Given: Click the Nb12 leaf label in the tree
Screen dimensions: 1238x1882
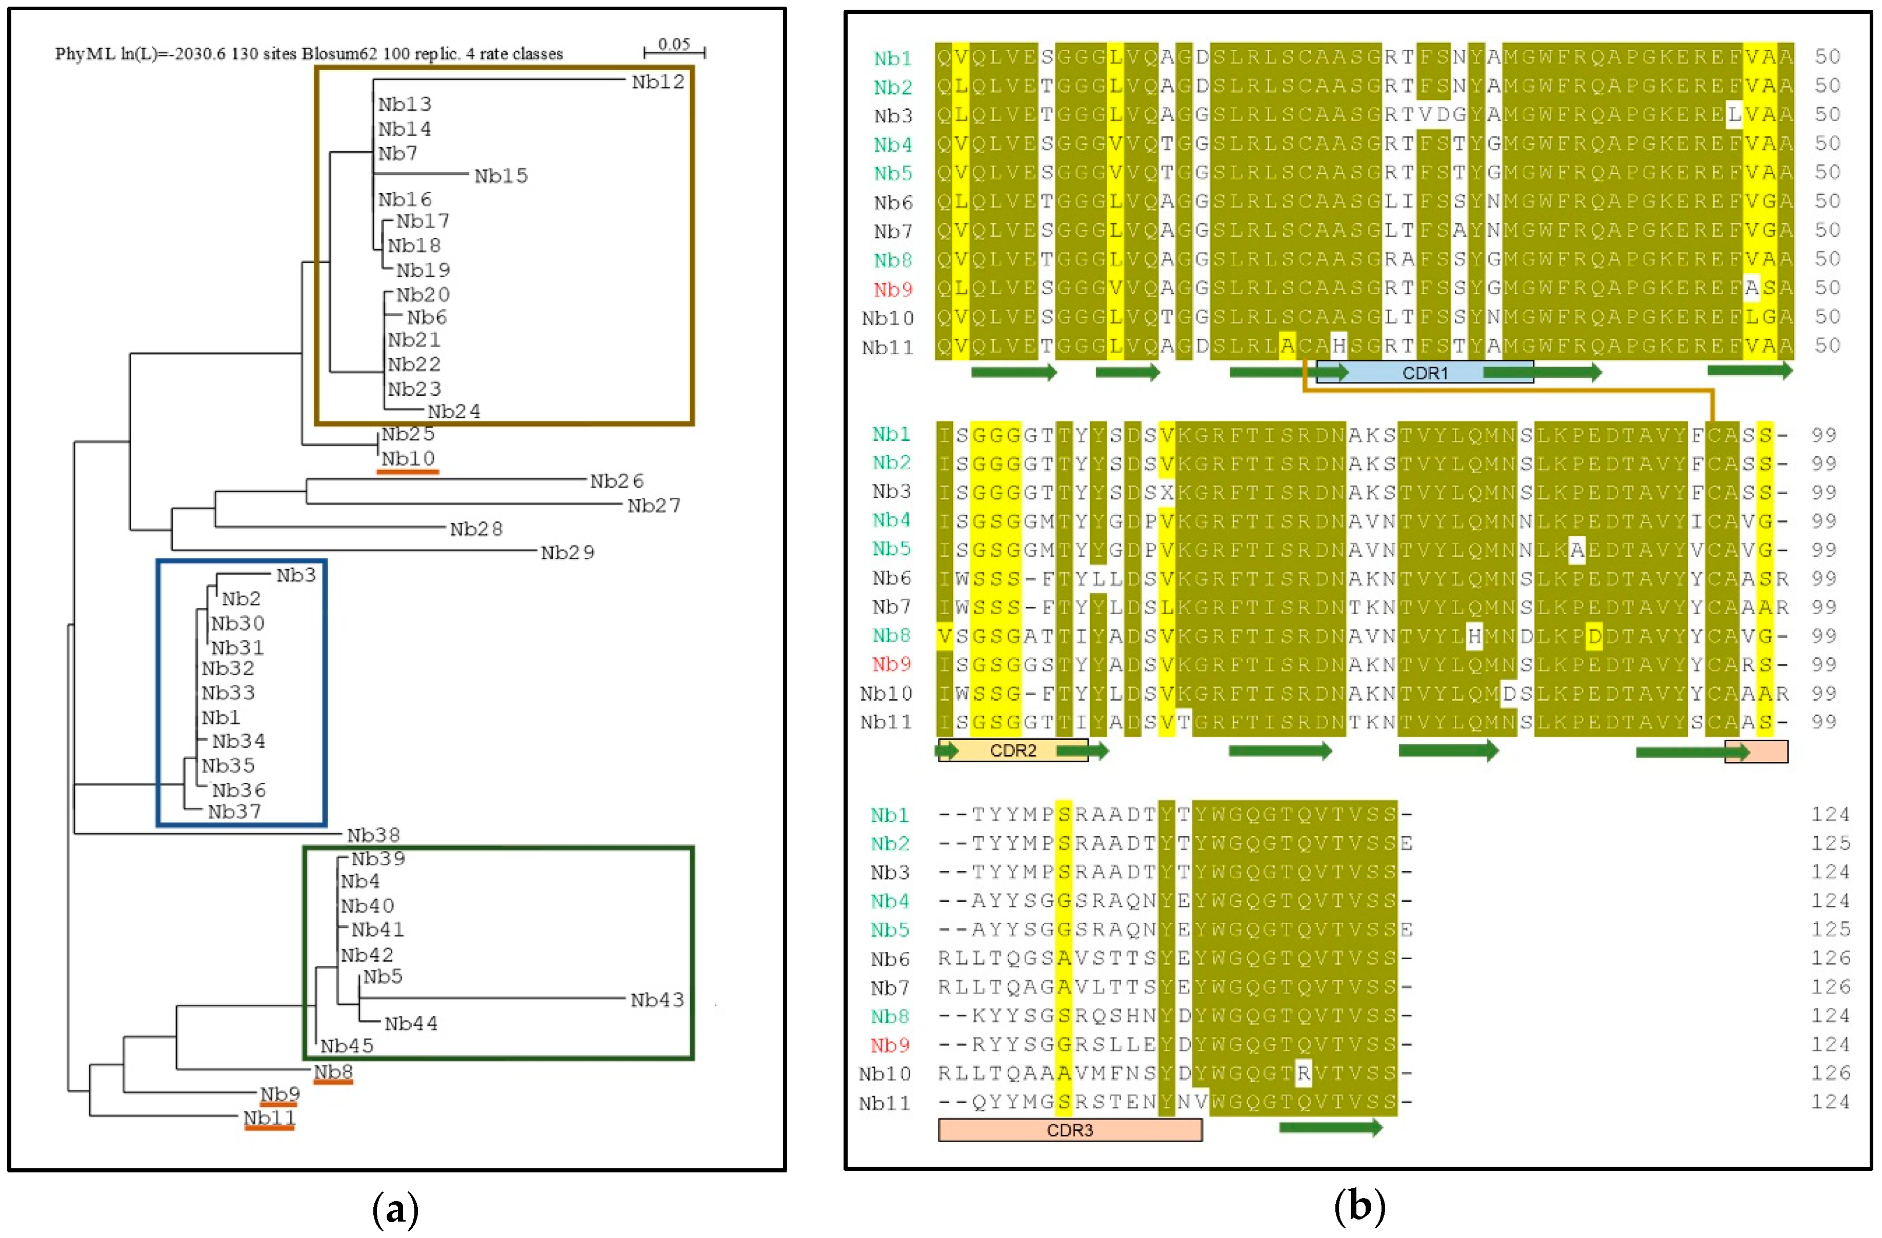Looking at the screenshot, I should click(657, 82).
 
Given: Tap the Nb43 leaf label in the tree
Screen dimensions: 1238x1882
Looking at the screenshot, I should click(656, 1000).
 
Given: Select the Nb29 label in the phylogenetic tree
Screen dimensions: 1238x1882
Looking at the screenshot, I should click(567, 553).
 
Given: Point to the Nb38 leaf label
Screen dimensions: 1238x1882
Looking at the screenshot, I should click(373, 835).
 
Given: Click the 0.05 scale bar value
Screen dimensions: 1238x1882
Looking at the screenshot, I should click(674, 44).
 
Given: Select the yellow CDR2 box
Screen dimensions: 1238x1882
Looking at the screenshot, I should click(1012, 750).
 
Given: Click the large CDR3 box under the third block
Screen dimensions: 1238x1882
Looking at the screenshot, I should click(1069, 1130).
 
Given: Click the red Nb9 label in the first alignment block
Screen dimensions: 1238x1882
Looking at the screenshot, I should click(893, 289).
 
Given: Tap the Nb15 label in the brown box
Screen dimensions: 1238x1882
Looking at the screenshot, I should click(500, 175).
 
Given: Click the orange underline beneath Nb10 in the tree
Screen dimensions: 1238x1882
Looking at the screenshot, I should click(407, 472).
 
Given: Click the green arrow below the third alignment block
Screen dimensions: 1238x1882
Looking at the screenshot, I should click(1330, 1127).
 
